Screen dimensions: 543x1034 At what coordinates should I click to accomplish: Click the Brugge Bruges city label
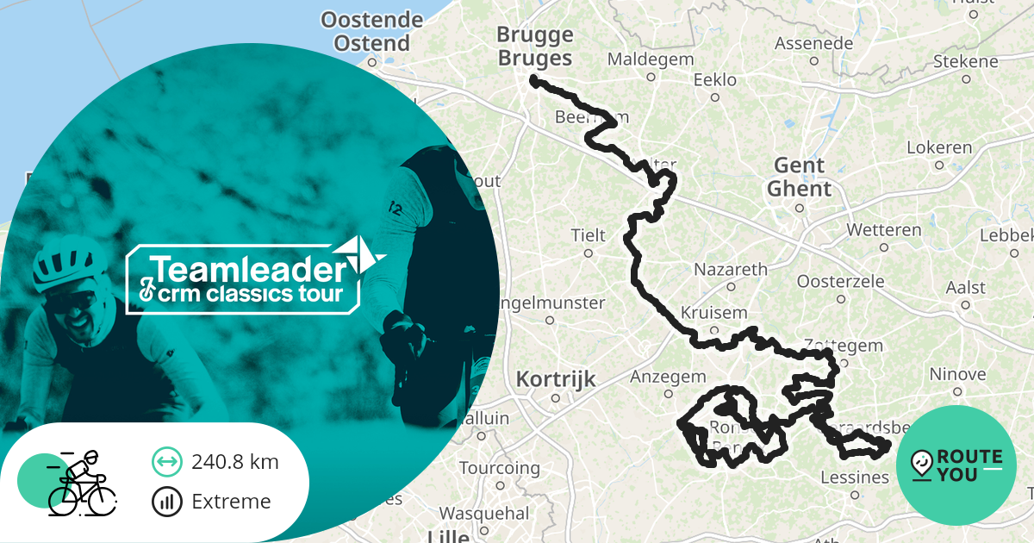coord(535,47)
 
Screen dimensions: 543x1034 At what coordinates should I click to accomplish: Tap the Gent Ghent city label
coord(800,177)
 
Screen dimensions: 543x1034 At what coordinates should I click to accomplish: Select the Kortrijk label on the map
coord(555,379)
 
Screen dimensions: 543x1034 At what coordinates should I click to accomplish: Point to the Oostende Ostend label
coord(372,31)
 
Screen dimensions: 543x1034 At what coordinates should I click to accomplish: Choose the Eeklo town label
coord(715,80)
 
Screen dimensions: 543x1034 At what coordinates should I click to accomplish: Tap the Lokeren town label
coord(938,147)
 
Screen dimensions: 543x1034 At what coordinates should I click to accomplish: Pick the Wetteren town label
coord(883,230)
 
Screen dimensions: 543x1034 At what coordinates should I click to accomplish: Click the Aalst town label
coord(965,287)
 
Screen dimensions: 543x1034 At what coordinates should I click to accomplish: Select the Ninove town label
coord(957,374)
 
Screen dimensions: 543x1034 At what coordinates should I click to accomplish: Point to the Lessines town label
coord(855,477)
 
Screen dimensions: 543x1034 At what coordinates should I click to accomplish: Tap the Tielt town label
coord(589,235)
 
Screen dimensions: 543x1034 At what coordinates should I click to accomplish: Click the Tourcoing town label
coord(499,469)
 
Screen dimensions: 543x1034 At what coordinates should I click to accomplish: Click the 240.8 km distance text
coord(235,462)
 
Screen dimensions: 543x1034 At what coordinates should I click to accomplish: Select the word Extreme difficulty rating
coord(231,502)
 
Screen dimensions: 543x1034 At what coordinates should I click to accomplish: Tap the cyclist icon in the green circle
coord(82,482)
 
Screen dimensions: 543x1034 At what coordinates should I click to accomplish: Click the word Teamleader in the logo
coord(248,270)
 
